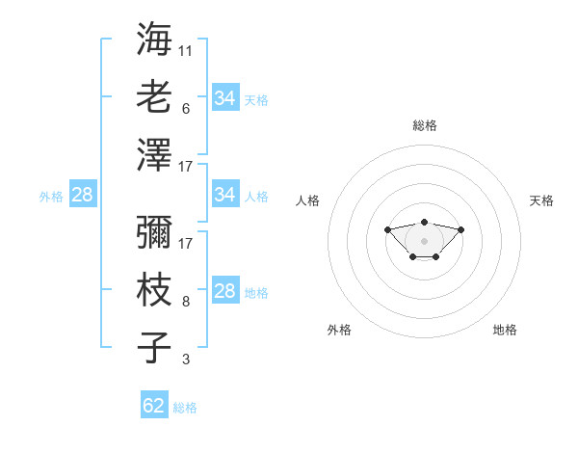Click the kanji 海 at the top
pos(155,40)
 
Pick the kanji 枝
pos(155,291)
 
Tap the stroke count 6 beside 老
pos(186,109)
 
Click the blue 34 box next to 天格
pos(224,98)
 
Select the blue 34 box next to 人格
pos(224,195)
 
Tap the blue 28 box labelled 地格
pos(224,292)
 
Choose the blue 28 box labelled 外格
pos(82,195)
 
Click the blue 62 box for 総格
pos(154,406)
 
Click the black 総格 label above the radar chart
pos(424,125)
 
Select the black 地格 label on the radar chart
pos(505,330)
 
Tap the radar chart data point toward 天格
pos(460,229)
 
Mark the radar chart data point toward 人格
pos(387,229)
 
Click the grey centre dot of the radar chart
pos(424,241)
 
